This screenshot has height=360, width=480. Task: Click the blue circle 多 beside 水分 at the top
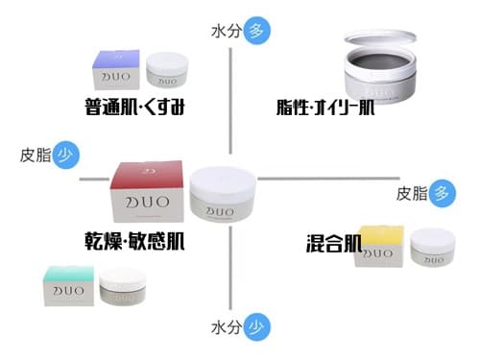point(255,30)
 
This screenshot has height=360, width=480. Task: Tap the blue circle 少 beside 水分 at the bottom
point(255,326)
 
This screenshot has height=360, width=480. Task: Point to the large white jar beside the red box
point(224,194)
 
